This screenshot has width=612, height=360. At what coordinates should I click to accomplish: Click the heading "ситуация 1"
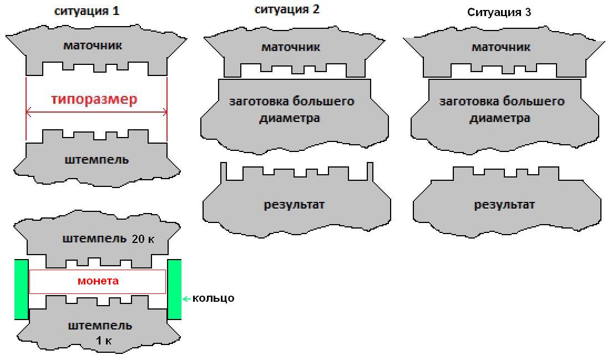coord(86,11)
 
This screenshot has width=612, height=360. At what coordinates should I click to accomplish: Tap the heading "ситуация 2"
coord(287,9)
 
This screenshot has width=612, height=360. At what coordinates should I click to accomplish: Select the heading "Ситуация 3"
coord(499,13)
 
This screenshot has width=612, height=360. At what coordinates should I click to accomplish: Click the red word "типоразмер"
coord(94,99)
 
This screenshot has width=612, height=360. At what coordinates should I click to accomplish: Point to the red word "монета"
coord(98,281)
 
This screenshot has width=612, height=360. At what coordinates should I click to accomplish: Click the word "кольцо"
coord(214,298)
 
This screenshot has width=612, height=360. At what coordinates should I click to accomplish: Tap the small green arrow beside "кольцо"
coord(186,299)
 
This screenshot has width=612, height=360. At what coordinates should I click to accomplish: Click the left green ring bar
coord(22,290)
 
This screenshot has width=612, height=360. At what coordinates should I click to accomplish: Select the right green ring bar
coord(174,290)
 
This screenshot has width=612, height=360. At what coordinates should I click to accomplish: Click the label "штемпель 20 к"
coord(108,239)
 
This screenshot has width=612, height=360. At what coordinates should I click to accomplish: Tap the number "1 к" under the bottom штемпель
coord(104,341)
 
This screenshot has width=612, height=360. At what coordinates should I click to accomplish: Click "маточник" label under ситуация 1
coord(93,45)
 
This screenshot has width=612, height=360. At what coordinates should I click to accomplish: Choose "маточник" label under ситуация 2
coord(291,47)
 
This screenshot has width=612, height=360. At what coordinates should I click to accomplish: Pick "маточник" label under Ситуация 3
coord(501,47)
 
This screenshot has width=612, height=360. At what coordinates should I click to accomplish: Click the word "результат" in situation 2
coord(294,205)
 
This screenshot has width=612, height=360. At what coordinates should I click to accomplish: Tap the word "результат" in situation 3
coord(504,205)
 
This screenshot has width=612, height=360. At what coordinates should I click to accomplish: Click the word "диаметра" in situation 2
coord(290,118)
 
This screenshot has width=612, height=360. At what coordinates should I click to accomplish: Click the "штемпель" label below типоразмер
coord(97,160)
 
